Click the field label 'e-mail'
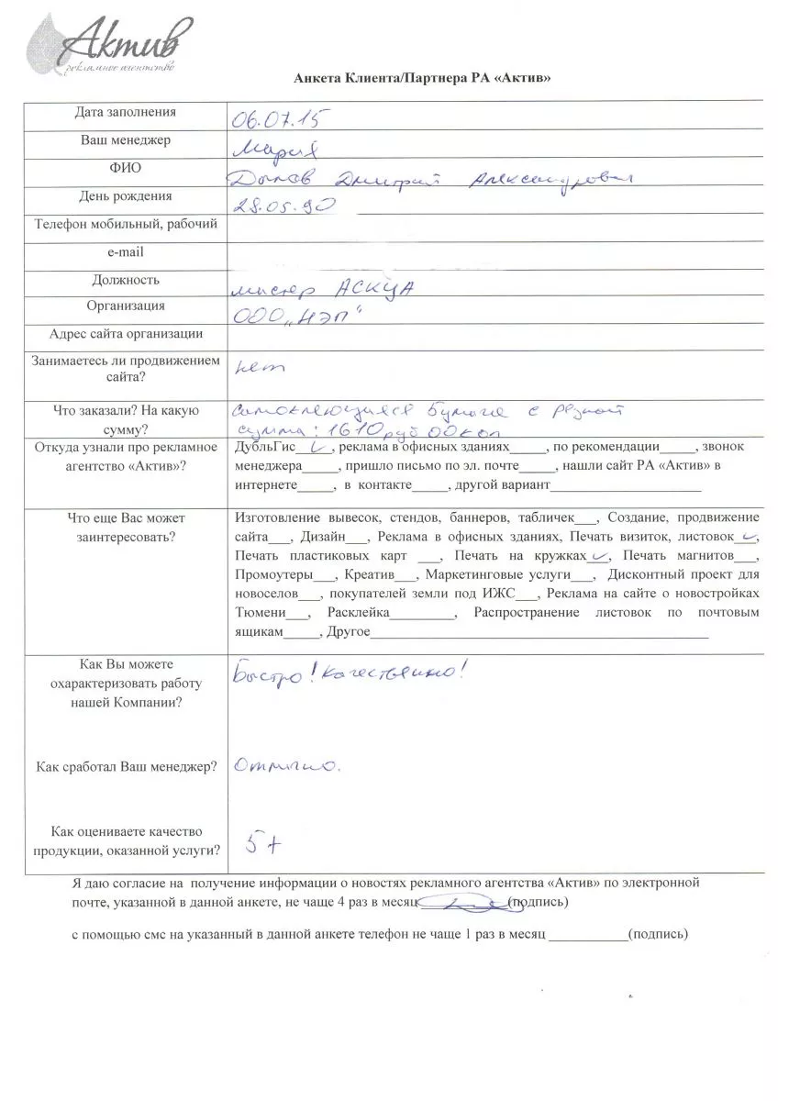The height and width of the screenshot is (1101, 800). (126, 251)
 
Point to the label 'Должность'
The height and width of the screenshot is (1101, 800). (126, 280)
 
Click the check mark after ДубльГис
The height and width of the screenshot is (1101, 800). (295, 446)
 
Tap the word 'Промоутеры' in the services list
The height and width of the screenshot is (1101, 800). (272, 575)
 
